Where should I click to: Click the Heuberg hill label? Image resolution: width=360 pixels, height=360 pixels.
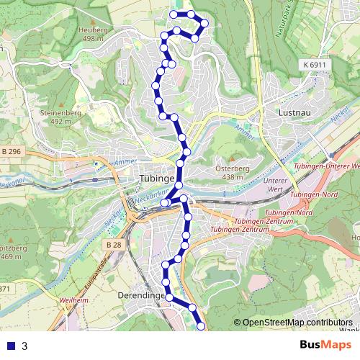[95, 30]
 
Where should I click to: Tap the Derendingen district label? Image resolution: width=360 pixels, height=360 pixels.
[140, 295]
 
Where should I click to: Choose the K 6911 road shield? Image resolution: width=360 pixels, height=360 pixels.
[314, 65]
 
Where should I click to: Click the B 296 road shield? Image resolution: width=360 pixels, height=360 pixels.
[11, 151]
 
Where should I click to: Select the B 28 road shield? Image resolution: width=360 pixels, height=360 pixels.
[112, 245]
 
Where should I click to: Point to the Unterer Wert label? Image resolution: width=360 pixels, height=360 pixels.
[276, 184]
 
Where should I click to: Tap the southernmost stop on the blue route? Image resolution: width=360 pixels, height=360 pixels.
[201, 327]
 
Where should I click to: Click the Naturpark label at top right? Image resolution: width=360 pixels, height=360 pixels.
[286, 22]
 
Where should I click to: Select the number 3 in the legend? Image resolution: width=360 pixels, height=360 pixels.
[24, 346]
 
